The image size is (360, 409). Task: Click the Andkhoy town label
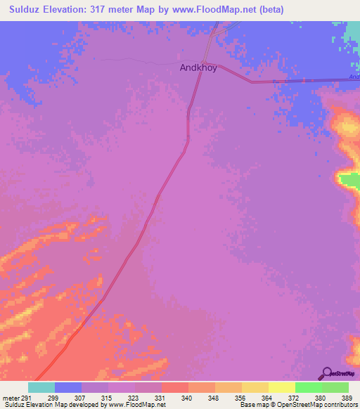point(198,68)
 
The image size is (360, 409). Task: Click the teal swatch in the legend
point(41,387)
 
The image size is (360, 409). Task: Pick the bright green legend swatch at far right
point(335,387)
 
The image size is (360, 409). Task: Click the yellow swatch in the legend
point(282,387)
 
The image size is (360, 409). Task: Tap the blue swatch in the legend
point(68,387)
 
